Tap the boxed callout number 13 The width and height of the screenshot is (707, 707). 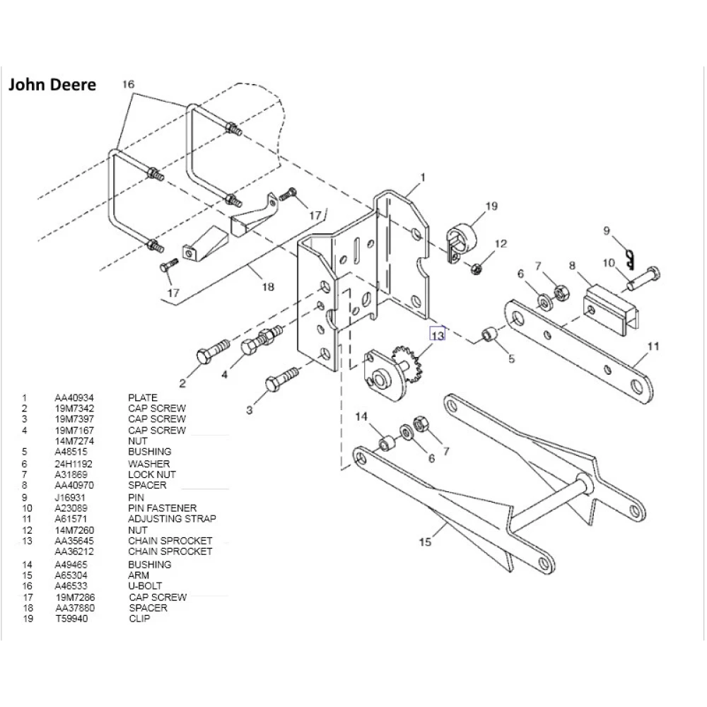coord(438,335)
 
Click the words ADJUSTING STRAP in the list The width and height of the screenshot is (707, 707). coord(172,519)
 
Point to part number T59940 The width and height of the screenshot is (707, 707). coord(70,619)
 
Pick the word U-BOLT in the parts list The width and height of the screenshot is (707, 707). coord(145,586)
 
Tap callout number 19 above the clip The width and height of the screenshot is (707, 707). coord(491,206)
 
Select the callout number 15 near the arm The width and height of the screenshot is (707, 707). coord(425,542)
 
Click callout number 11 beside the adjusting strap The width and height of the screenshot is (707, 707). coord(653,346)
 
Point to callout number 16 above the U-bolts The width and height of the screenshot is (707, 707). coord(128,84)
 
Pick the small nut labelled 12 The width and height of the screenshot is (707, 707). coord(476,269)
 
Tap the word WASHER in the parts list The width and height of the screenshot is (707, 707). coord(149,464)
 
